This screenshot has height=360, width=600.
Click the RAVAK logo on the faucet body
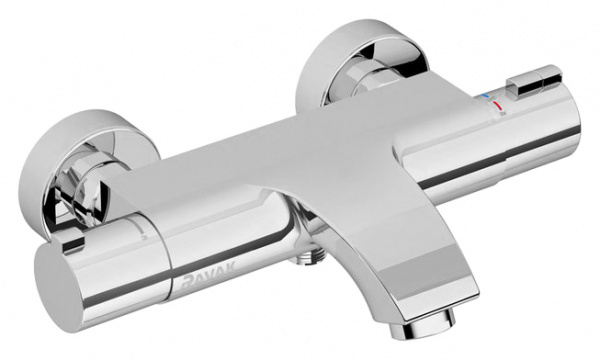pos(209,276)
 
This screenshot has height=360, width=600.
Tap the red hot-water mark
pos(498,105)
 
